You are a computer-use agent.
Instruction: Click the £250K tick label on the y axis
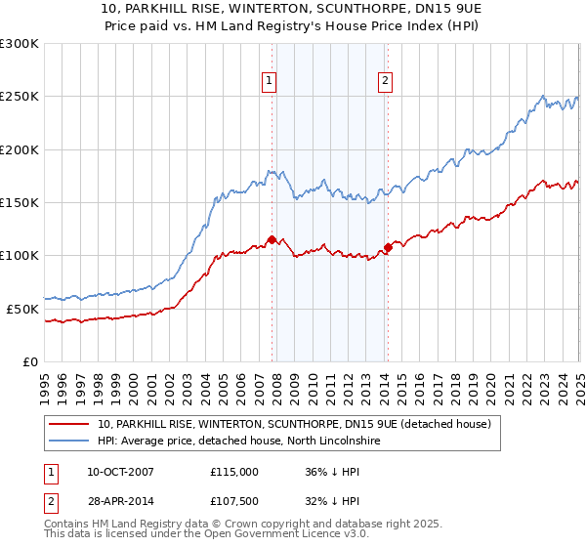coord(20,97)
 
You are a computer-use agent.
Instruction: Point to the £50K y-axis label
coord(22,309)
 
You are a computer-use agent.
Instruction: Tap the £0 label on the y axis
coord(30,361)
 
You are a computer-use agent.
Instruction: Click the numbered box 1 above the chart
coord(269,82)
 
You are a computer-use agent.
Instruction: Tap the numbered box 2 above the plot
coord(387,82)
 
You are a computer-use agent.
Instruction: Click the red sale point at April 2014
coord(388,247)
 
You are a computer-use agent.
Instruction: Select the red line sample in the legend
coord(68,424)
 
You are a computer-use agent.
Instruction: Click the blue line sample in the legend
coord(68,442)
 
